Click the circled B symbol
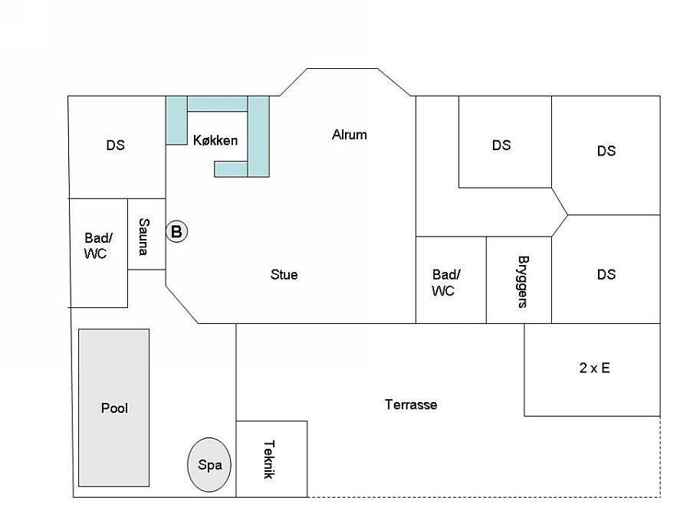[177, 231]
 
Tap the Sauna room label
[143, 237]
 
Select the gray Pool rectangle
[114, 407]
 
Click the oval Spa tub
[209, 464]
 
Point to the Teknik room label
[269, 460]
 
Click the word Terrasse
[411, 404]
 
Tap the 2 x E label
[594, 368]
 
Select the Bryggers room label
[523, 282]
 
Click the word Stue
[284, 275]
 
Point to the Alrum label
[350, 135]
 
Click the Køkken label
[215, 140]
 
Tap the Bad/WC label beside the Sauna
[97, 246]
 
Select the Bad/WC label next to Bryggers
[445, 283]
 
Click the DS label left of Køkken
[115, 145]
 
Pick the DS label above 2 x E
[606, 274]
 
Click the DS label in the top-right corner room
[606, 151]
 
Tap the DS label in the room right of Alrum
[501, 145]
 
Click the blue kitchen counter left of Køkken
[176, 120]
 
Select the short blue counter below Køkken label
[231, 169]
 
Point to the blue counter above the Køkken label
[218, 103]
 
